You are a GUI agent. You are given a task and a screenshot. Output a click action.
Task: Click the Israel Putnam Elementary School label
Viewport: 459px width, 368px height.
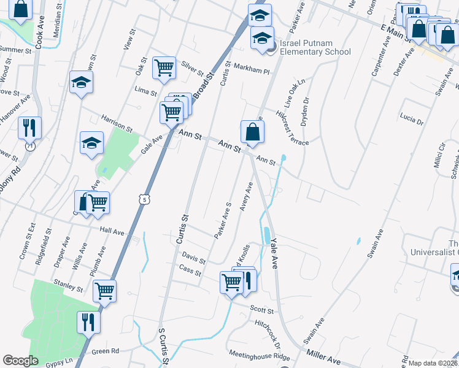[315, 48]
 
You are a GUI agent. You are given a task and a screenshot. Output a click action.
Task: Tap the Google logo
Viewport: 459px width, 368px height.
[20, 361]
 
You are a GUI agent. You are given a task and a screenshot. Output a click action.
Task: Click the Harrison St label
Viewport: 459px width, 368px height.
[117, 128]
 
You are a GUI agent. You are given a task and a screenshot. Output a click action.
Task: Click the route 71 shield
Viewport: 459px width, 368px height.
[29, 147]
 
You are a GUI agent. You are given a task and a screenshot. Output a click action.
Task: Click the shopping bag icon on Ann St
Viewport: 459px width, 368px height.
[253, 132]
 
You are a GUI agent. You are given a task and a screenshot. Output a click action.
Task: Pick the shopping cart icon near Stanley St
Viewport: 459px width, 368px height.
[104, 291]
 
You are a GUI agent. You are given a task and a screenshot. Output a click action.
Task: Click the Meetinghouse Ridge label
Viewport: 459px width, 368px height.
[259, 356]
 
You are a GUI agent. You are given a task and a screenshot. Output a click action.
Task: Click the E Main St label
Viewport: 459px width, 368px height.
[396, 33]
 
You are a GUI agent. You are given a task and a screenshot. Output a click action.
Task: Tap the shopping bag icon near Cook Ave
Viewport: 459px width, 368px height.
[20, 10]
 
